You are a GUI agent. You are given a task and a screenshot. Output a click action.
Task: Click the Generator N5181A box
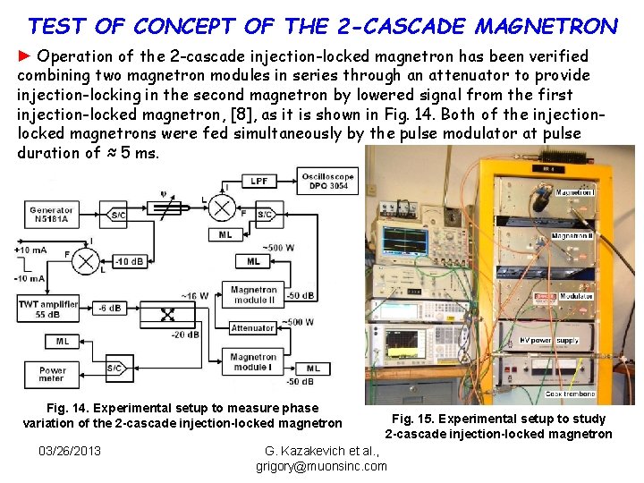53,214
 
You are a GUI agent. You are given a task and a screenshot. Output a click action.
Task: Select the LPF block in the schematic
258,181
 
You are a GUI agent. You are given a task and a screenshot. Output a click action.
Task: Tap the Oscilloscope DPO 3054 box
328,180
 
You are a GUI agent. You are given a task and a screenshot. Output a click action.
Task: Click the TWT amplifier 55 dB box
48,309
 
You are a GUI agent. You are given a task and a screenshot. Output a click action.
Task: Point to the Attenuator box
253,328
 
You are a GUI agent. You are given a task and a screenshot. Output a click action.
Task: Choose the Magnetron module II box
253,294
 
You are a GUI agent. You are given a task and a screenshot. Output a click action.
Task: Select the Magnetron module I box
253,362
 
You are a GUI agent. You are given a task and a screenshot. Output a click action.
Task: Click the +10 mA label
31,250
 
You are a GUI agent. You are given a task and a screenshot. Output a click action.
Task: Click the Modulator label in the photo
578,296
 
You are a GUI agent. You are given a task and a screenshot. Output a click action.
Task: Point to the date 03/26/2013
69,450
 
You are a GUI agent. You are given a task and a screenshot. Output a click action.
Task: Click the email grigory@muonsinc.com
321,466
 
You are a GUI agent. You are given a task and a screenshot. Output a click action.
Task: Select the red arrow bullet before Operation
24,56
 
